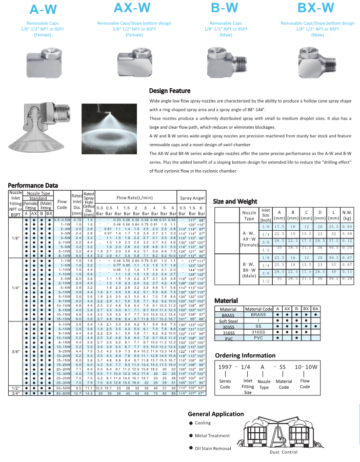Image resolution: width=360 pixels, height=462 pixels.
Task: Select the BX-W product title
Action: click(317, 8)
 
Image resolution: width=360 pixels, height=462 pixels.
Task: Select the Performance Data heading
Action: click(33, 185)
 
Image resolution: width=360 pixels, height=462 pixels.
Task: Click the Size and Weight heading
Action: click(237, 202)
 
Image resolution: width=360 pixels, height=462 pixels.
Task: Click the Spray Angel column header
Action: click(192, 197)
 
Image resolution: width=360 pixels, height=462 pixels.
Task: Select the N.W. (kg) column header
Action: click(346, 215)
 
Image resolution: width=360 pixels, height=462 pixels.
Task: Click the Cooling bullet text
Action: click(203, 423)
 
